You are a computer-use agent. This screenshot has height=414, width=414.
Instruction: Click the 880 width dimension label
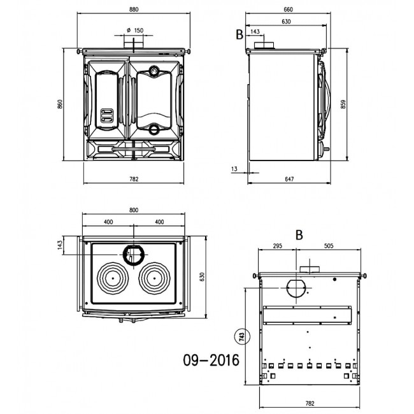(134, 10)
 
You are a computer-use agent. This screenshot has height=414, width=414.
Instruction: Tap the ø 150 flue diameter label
(135, 31)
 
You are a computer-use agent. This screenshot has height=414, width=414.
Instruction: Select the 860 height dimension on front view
(61, 104)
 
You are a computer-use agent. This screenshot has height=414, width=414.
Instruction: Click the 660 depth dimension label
(288, 10)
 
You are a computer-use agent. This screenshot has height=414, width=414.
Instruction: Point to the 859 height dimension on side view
(343, 104)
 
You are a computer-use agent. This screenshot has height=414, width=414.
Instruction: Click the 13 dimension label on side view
(234, 169)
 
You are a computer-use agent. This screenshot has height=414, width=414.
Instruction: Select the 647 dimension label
(289, 179)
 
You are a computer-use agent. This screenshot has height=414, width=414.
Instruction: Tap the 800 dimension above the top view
(134, 210)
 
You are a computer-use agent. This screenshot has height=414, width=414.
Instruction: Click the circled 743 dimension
(242, 336)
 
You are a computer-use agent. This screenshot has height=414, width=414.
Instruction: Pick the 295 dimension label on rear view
(277, 246)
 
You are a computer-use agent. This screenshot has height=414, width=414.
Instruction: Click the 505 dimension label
(329, 246)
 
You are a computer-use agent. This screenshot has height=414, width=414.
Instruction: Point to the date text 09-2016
(211, 360)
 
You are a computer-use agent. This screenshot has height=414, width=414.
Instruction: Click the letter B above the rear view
(299, 235)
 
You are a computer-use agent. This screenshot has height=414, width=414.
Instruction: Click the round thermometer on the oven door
(153, 71)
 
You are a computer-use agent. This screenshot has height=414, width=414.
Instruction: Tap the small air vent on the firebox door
(107, 116)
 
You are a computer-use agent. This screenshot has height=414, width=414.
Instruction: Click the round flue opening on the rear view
(297, 289)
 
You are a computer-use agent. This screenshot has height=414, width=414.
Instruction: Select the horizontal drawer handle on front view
(134, 149)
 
